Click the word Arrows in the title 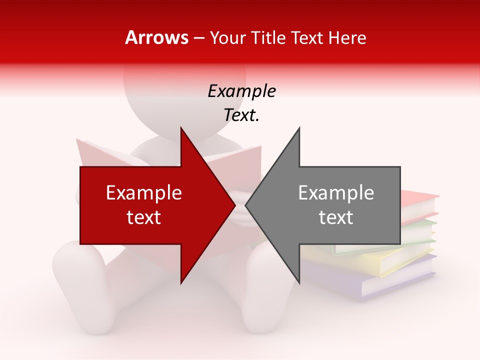tap(157, 37)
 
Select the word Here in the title tap(347, 37)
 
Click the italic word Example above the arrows tap(241, 91)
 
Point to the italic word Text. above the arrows tap(241, 115)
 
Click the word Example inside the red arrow tap(143, 193)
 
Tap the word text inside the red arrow tap(143, 217)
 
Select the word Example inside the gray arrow tap(336, 193)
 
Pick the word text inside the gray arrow tap(336, 217)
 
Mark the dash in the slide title tap(199, 38)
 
